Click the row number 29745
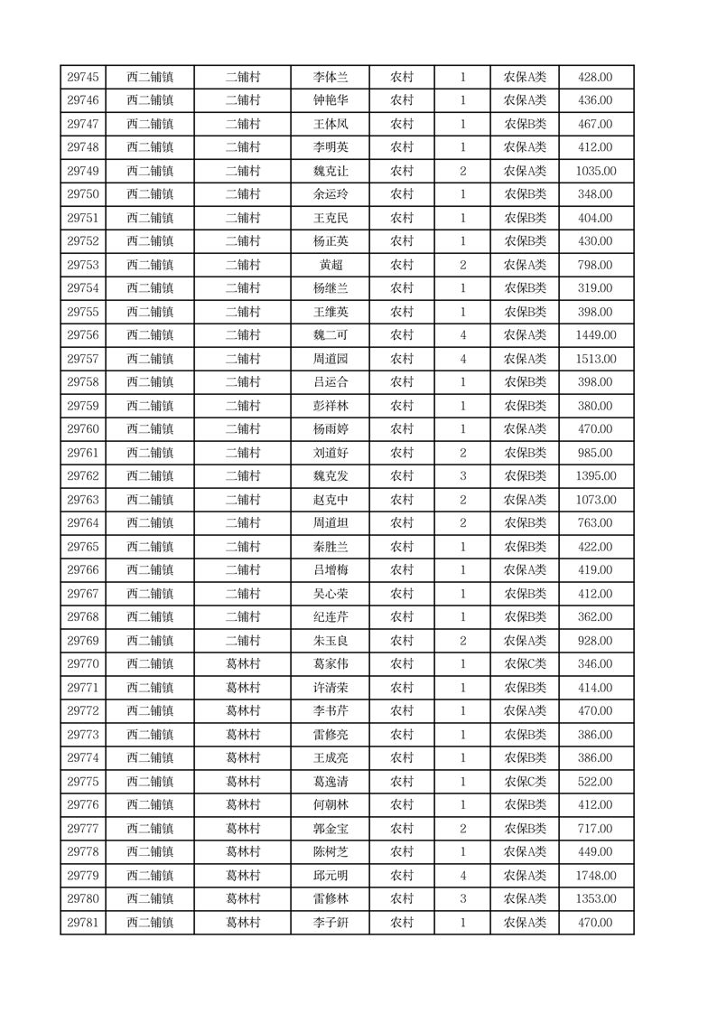click(x=83, y=78)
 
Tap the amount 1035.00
click(x=595, y=172)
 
